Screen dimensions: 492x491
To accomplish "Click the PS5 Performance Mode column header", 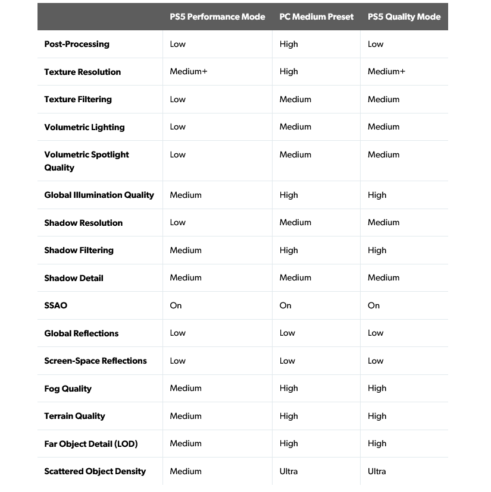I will (x=217, y=17).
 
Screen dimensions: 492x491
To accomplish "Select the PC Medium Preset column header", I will (x=316, y=17).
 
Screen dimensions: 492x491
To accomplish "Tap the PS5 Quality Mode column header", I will (x=404, y=17).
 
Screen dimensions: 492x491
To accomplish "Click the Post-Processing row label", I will (x=77, y=44).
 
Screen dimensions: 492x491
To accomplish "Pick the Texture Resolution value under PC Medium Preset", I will (x=289, y=72).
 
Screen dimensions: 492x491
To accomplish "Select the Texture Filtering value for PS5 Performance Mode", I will (x=178, y=99).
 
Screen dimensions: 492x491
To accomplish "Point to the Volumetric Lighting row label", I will (x=85, y=127).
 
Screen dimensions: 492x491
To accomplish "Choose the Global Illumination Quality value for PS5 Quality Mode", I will (x=377, y=195).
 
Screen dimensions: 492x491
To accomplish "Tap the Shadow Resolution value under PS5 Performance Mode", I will (x=178, y=222).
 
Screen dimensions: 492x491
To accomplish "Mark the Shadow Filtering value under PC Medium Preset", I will (x=289, y=250).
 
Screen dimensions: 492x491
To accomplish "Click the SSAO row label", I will (x=56, y=305).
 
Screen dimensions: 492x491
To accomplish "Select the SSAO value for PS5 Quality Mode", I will (x=374, y=305).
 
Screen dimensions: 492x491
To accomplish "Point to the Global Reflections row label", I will (x=82, y=333).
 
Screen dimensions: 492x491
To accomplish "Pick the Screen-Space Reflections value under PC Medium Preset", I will (x=287, y=361).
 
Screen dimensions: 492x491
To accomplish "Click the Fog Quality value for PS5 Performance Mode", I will (x=186, y=388).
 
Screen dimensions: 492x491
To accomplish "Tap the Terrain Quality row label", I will (x=74, y=416).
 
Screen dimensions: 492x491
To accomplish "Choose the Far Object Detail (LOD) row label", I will (x=91, y=444).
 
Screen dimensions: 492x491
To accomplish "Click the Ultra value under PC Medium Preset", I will (x=289, y=471).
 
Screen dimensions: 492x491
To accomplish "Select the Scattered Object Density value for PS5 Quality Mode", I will (x=377, y=471).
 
